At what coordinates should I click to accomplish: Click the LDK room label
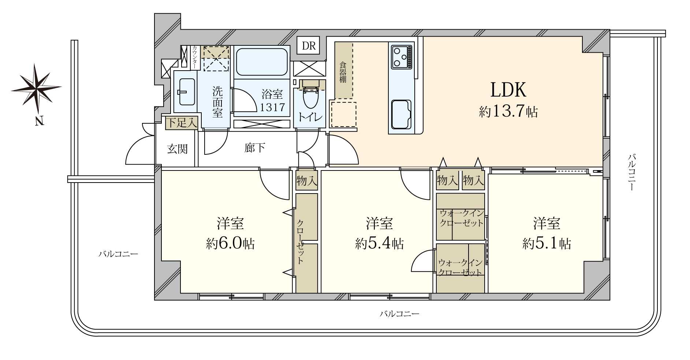pos(508,90)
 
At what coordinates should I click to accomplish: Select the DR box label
pos(309,46)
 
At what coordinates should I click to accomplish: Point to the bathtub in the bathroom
pos(261,62)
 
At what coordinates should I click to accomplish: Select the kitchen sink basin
pos(401,114)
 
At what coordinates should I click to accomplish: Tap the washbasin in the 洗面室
pos(185,91)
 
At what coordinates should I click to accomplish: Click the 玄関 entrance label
pos(177,149)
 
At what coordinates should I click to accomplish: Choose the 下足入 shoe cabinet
pos(182,123)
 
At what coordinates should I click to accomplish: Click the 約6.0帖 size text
pos(230,243)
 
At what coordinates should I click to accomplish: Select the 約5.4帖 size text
pos(379,243)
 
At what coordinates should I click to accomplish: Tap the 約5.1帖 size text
pos(547,243)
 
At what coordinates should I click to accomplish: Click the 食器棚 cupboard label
pos(343,72)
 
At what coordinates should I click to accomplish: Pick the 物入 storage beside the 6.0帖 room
pos(307,180)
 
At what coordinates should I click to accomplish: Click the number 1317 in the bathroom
pos(272,107)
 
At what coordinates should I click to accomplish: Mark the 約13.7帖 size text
pos(508,111)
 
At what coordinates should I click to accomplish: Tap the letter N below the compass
pos(39,121)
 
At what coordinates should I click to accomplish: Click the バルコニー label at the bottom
pos(399,314)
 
